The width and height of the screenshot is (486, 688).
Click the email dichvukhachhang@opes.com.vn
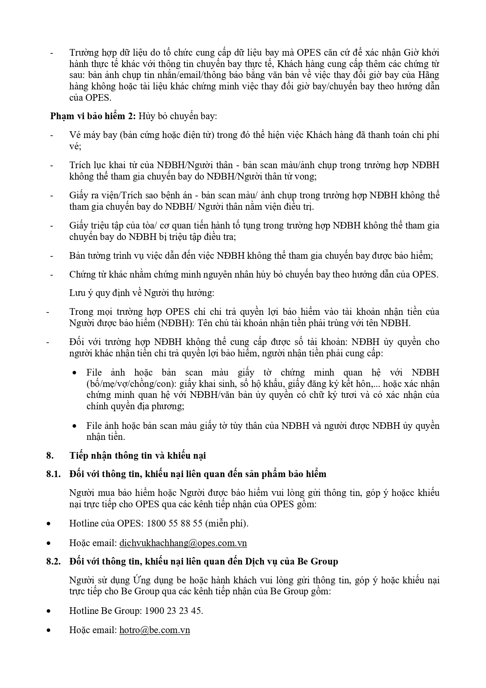[x=183, y=543]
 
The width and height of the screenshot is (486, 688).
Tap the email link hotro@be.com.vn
[x=154, y=630]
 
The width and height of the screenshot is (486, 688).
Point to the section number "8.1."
[x=54, y=474]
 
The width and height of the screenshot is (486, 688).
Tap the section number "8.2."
[x=54, y=561]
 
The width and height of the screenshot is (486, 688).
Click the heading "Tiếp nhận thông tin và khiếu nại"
[x=137, y=456]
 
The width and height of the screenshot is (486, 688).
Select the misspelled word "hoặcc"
[x=392, y=493]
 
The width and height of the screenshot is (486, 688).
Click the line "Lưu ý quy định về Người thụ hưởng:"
[x=142, y=293]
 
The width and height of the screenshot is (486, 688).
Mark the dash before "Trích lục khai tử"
[x=51, y=165]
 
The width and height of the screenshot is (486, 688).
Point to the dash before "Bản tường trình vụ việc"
[x=51, y=256]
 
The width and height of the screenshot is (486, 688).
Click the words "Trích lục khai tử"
[x=101, y=165]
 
